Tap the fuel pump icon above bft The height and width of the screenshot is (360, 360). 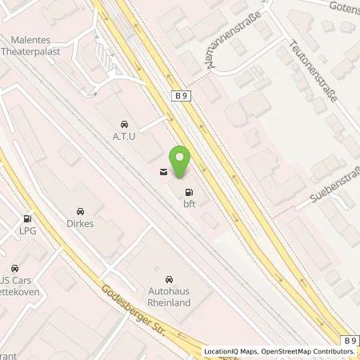(190, 192)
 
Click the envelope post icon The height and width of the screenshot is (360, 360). (163, 170)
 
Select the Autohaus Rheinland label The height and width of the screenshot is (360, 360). (168, 298)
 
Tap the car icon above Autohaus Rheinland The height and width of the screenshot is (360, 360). (168, 279)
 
